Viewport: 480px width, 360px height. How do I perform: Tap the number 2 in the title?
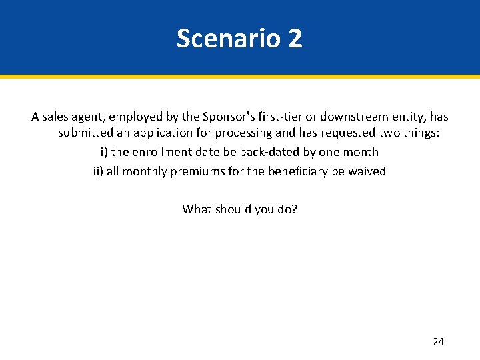[295, 39]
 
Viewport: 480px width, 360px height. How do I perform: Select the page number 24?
[438, 342]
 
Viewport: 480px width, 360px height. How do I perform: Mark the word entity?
[412, 117]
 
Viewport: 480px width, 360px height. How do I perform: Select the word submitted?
[85, 133]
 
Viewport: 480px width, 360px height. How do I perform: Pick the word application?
[161, 133]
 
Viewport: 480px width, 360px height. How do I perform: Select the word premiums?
[199, 171]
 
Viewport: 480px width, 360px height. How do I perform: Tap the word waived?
[367, 171]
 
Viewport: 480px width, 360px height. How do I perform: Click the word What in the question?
[197, 209]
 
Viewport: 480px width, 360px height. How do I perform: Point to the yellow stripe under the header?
[240, 77]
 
